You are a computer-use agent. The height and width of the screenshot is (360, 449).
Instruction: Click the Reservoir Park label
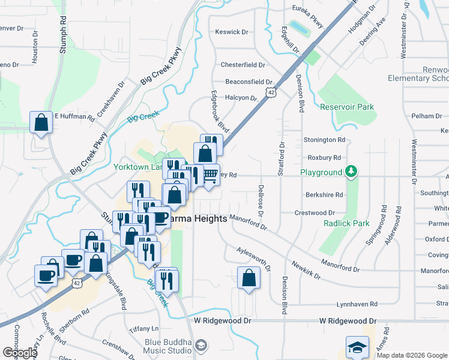click(x=347, y=107)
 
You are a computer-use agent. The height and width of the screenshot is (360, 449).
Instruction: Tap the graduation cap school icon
click(x=357, y=347)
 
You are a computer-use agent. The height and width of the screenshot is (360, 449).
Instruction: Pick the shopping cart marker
click(x=209, y=175)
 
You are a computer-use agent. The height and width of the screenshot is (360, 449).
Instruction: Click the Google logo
click(x=19, y=353)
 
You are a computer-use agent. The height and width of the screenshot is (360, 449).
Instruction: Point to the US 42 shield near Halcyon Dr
click(x=272, y=92)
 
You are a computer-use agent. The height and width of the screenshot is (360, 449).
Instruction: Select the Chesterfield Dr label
click(x=243, y=65)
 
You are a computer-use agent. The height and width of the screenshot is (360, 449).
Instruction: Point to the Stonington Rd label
click(x=325, y=140)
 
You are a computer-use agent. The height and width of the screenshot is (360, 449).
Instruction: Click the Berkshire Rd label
click(x=324, y=194)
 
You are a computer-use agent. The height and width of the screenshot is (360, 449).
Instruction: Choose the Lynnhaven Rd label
click(x=357, y=304)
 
